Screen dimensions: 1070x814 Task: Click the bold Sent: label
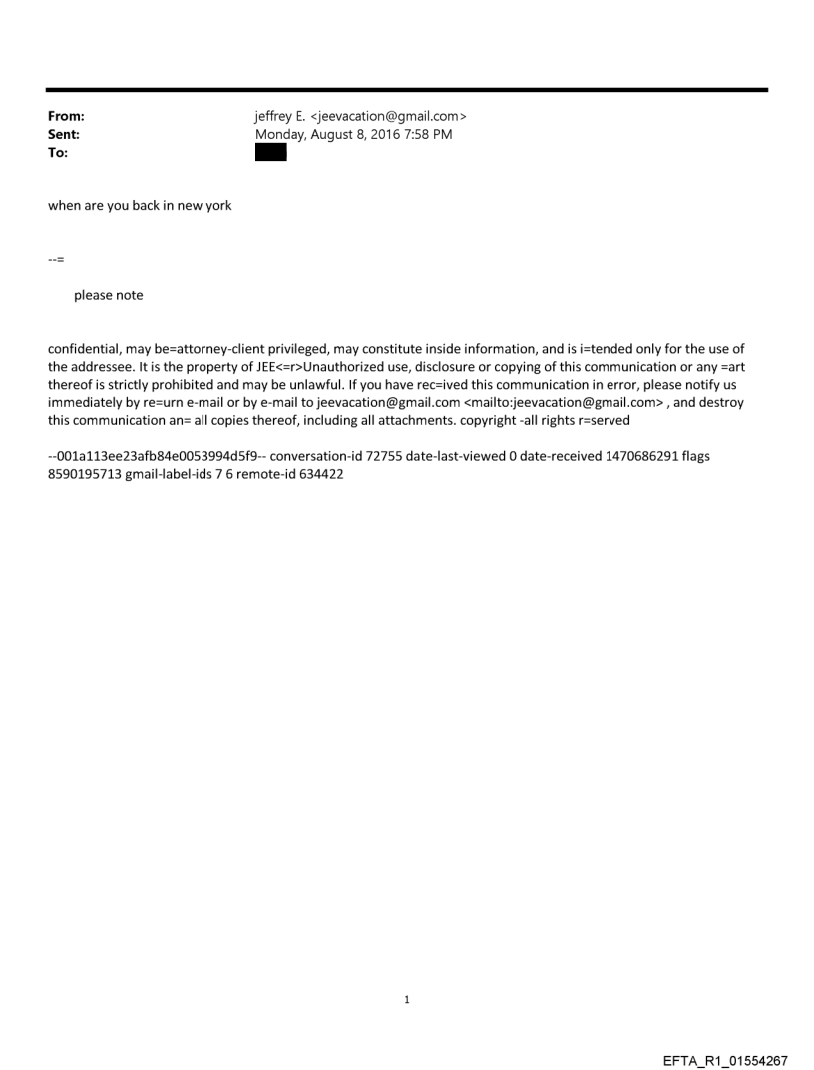click(64, 135)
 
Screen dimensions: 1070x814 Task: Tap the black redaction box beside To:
click(271, 153)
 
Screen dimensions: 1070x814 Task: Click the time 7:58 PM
click(428, 135)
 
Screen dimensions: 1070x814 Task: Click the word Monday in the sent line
click(281, 135)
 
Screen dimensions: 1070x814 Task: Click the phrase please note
click(108, 295)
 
